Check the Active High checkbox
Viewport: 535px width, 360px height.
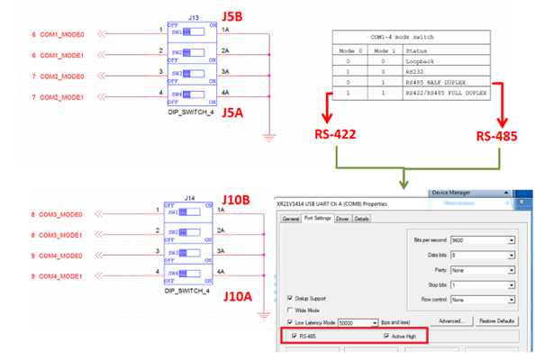tap(386, 336)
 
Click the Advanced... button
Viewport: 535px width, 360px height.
tap(450, 321)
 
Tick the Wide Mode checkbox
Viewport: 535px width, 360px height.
tap(291, 309)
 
